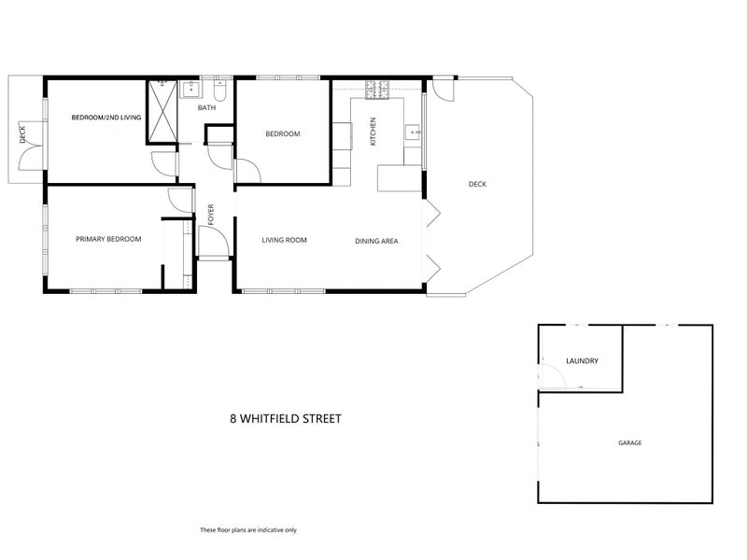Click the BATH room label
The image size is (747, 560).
[x=206, y=108]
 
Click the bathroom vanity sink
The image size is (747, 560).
[x=190, y=90]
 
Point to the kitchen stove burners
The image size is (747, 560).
[x=377, y=90]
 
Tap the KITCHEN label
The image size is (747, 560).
[x=373, y=132]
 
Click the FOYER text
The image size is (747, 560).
[x=211, y=215]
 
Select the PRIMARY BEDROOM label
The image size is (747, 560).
[x=108, y=239]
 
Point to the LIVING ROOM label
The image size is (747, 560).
[x=284, y=241]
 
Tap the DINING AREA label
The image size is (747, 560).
[x=376, y=241]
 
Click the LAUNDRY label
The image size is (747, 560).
[x=582, y=361]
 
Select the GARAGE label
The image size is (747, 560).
[x=629, y=442]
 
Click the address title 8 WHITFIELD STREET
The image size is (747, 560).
[x=286, y=419]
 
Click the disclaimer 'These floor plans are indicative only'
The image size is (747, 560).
[x=248, y=530]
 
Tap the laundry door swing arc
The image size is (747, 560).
[x=553, y=375]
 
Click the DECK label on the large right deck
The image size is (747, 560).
[x=477, y=184]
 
